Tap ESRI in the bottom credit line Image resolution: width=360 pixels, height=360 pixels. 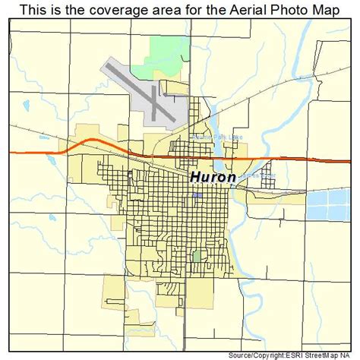point(301,355)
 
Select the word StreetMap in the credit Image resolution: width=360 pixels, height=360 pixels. point(328,355)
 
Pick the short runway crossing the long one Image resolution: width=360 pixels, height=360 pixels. point(156,102)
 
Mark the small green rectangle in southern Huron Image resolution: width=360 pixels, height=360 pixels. point(197,257)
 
